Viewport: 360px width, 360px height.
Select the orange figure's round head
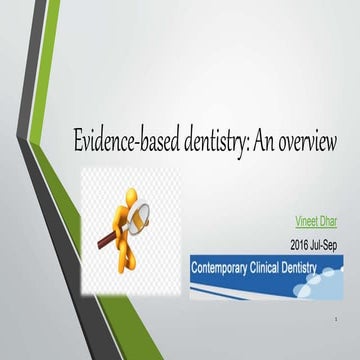click(x=118, y=189)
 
